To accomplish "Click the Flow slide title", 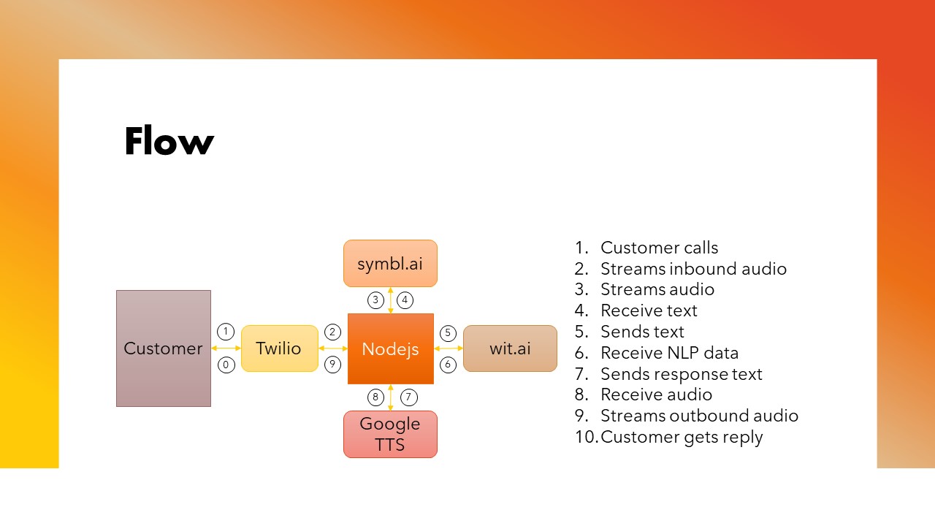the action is (x=169, y=141).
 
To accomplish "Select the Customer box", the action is (x=164, y=348).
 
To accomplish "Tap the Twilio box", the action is (x=280, y=348).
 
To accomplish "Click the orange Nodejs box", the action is (x=391, y=348).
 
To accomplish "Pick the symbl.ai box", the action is (x=390, y=264).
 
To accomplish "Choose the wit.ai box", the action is (x=510, y=348).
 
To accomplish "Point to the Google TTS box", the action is (x=390, y=434).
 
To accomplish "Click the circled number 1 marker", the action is (x=226, y=332).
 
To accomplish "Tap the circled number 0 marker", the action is (x=226, y=365).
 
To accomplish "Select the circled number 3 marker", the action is (x=375, y=300).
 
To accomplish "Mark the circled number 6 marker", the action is (x=448, y=365).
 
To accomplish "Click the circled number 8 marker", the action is (x=375, y=397).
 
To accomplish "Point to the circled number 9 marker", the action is (x=332, y=365).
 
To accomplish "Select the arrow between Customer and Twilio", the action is (x=226, y=348).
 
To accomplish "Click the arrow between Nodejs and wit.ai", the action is (x=449, y=348).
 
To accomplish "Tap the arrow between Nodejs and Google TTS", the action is (x=391, y=397).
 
